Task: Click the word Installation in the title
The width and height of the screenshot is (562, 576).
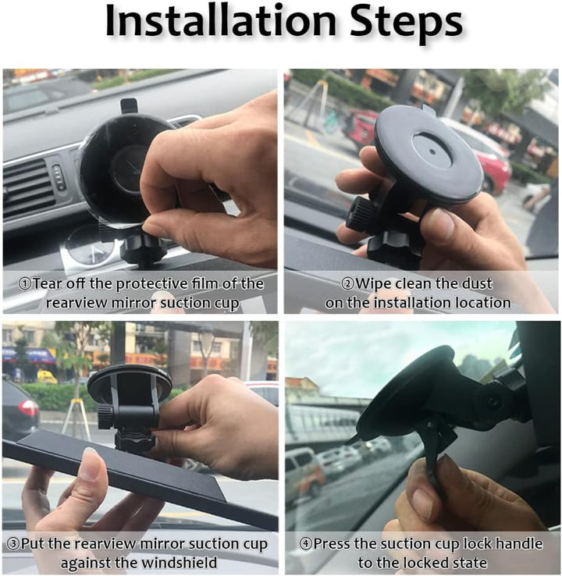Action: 221,21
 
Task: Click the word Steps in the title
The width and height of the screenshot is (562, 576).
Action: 406,23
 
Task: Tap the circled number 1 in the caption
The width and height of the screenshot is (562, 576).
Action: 25,284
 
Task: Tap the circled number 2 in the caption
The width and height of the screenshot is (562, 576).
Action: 348,284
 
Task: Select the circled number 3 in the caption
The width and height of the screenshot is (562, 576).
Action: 13,544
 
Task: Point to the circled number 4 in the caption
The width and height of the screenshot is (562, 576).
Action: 306,544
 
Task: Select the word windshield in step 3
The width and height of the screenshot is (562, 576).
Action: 180,563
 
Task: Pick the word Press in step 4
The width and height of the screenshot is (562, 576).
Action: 331,544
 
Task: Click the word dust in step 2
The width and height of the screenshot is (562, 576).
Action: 477,283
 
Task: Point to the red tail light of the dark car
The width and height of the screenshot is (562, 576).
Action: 28,407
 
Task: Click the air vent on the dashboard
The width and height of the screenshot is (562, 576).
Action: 27,187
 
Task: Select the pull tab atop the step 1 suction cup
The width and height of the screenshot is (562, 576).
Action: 129,106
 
